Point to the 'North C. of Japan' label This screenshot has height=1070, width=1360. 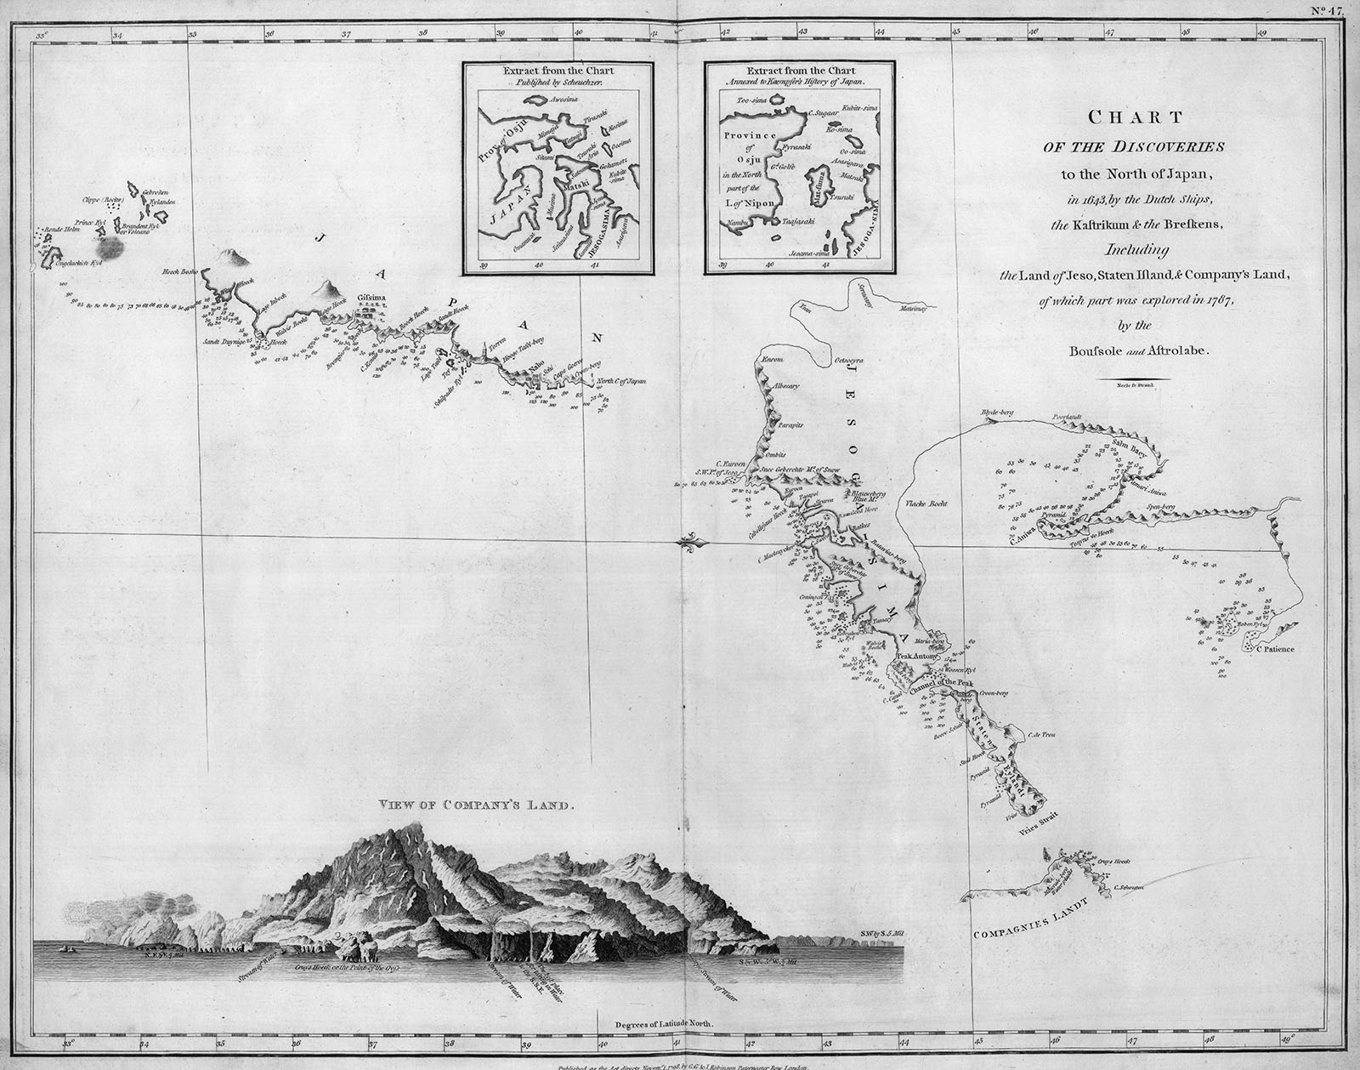(x=621, y=381)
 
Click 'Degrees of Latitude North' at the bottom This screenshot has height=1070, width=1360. (x=658, y=1026)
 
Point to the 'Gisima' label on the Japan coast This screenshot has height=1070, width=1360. (x=371, y=298)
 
